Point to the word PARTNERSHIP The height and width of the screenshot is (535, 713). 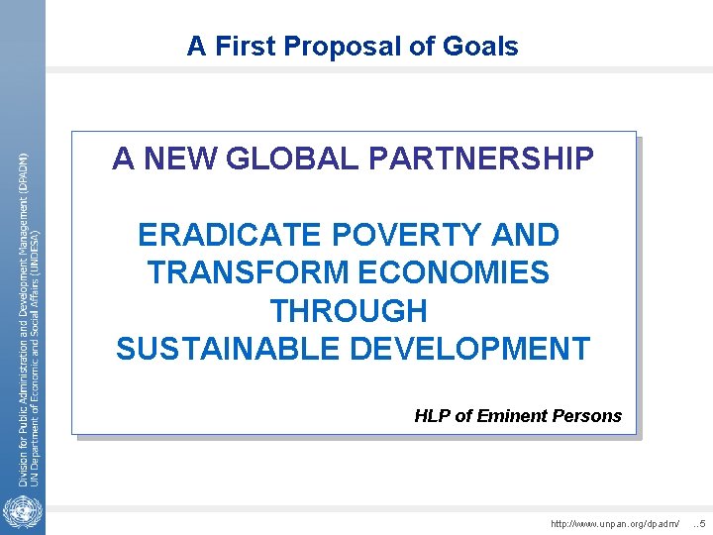click(482, 159)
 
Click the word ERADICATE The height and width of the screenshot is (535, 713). click(230, 236)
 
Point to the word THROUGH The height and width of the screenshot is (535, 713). click(349, 311)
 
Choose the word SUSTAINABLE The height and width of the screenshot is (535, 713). click(238, 349)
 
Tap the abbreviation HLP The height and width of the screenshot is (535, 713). click(432, 416)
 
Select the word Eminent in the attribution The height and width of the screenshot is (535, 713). click(514, 416)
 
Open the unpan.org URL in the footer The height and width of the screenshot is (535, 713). click(616, 522)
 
